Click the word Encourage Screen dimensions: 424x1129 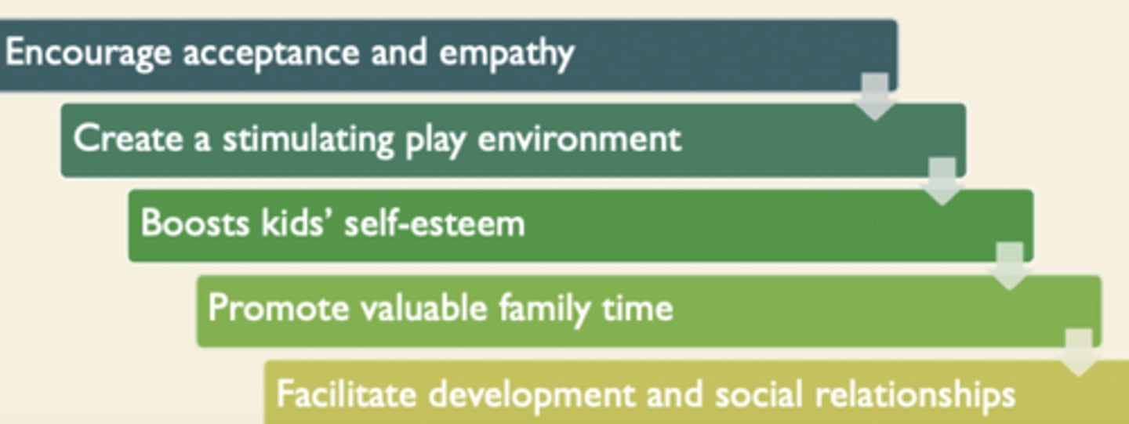click(87, 53)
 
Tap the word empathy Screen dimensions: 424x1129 click(506, 53)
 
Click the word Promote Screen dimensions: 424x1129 click(278, 308)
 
